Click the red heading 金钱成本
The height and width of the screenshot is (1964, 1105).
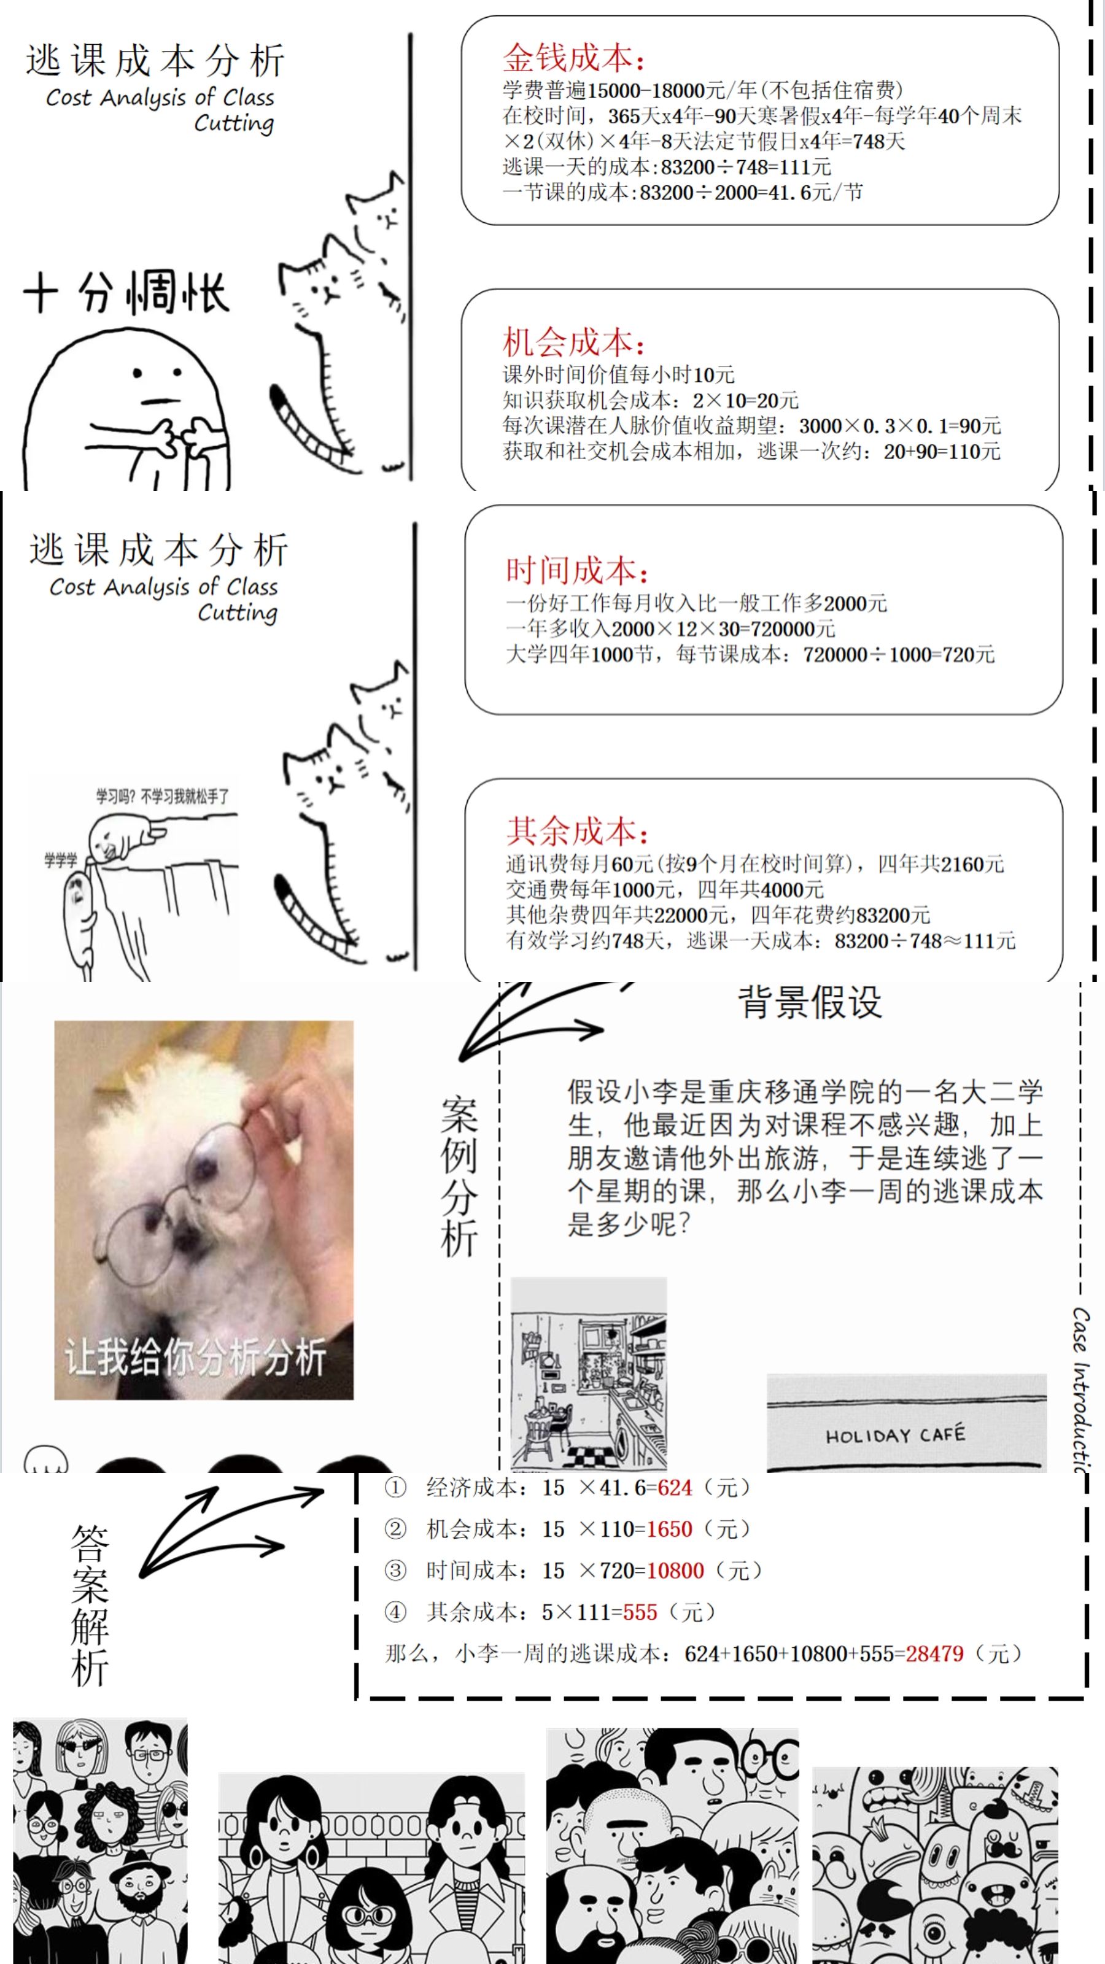click(x=573, y=58)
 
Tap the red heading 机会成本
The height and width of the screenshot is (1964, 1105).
click(x=573, y=342)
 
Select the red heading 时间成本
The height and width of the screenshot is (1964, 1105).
click(x=577, y=570)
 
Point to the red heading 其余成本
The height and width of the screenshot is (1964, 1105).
click(x=577, y=830)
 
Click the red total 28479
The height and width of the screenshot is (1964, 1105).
click(x=934, y=1653)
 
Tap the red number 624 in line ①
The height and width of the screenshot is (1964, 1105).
click(x=675, y=1487)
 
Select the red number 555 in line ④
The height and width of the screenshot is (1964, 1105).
click(x=640, y=1612)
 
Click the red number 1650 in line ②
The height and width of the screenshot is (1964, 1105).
click(x=669, y=1528)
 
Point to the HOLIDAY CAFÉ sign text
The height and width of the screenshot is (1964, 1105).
click(x=895, y=1435)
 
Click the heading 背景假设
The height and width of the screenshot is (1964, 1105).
click(x=810, y=1002)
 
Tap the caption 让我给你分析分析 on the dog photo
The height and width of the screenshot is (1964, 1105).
click(x=196, y=1357)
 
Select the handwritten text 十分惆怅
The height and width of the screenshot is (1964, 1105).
click(x=126, y=292)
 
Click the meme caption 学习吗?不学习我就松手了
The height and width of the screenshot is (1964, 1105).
click(x=163, y=797)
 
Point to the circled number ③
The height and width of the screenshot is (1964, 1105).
click(x=395, y=1570)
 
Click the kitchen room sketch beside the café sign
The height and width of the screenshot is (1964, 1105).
click(x=588, y=1373)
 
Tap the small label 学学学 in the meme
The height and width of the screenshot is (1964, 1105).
click(x=61, y=860)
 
